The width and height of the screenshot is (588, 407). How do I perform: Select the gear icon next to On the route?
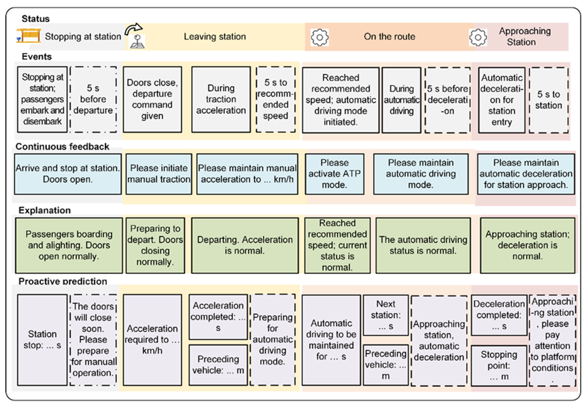click(x=319, y=37)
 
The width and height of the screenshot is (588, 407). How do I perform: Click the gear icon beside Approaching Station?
click(x=478, y=37)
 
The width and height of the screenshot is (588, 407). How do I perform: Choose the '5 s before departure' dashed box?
click(x=93, y=99)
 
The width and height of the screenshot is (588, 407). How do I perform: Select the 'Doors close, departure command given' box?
click(x=152, y=99)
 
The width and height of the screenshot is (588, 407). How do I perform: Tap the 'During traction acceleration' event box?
click(x=221, y=99)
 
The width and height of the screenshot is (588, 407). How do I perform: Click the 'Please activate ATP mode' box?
click(x=334, y=174)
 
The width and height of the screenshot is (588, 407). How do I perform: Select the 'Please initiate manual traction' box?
click(x=159, y=174)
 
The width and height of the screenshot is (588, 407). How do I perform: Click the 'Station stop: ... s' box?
click(x=42, y=340)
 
